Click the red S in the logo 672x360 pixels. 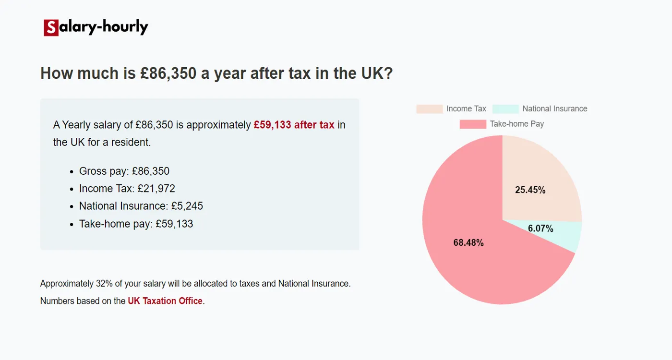point(51,28)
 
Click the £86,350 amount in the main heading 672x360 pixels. point(168,73)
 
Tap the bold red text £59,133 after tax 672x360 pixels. point(294,125)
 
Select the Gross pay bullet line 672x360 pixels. point(124,171)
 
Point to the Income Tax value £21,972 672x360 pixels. point(156,189)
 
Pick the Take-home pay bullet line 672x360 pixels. point(136,224)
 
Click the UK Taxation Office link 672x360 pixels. point(165,301)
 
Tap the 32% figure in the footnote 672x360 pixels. point(104,284)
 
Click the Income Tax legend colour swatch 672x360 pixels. point(429,109)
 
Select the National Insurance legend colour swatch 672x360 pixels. point(505,109)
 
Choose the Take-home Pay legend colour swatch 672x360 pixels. point(473,124)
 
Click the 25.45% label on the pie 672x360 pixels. point(530,190)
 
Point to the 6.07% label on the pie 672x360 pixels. point(540,228)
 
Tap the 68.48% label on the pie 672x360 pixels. point(468,243)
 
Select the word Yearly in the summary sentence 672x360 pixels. point(77,125)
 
